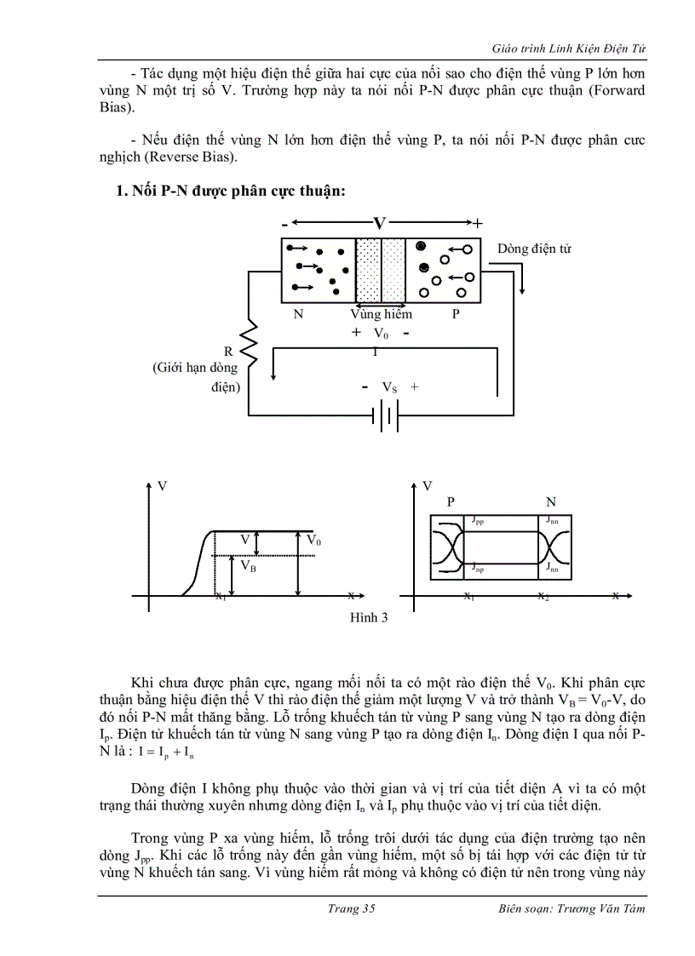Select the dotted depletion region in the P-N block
click(x=368, y=270)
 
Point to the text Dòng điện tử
click(x=534, y=249)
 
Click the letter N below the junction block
click(x=298, y=314)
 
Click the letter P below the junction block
click(x=456, y=314)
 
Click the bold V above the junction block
click(x=380, y=223)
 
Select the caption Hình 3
click(x=370, y=618)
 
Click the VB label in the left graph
click(x=248, y=565)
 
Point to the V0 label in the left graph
click(x=313, y=541)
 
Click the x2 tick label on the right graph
click(x=543, y=597)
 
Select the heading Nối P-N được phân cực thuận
click(x=230, y=192)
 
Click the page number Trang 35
click(x=351, y=908)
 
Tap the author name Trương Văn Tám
click(x=602, y=908)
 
